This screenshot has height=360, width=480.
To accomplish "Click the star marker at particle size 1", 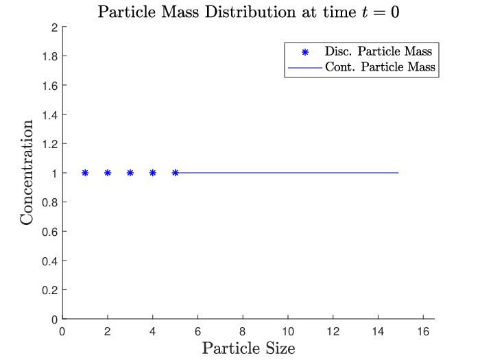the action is click(x=85, y=173).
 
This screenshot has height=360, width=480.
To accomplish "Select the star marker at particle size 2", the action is click(x=108, y=173).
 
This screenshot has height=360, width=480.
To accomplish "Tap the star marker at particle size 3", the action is click(x=130, y=173).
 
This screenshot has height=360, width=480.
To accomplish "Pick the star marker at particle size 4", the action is click(x=153, y=173).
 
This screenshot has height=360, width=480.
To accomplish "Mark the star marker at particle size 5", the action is click(x=175, y=173).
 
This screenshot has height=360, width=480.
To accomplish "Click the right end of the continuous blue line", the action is click(x=398, y=173).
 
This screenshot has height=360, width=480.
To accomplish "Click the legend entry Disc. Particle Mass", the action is click(x=379, y=51).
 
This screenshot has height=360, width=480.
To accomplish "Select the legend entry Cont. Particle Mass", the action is click(x=380, y=67).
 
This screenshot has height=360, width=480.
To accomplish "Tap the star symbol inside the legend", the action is click(x=305, y=52).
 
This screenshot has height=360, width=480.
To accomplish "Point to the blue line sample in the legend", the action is click(x=305, y=67).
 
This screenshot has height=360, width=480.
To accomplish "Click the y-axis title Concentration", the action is click(x=26, y=173).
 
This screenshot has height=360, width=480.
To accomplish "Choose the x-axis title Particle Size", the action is click(x=248, y=348).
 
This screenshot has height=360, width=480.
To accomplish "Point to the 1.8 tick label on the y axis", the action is click(x=50, y=56).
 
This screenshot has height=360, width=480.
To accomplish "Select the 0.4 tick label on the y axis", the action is click(x=50, y=261).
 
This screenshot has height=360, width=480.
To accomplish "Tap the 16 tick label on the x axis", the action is click(x=423, y=331).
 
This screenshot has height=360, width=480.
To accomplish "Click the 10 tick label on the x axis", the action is click(x=288, y=331).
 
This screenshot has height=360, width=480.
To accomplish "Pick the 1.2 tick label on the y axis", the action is click(x=50, y=144).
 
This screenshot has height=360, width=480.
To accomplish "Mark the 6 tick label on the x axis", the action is click(x=197, y=331).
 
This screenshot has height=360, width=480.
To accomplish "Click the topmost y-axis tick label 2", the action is click(x=54, y=27).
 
